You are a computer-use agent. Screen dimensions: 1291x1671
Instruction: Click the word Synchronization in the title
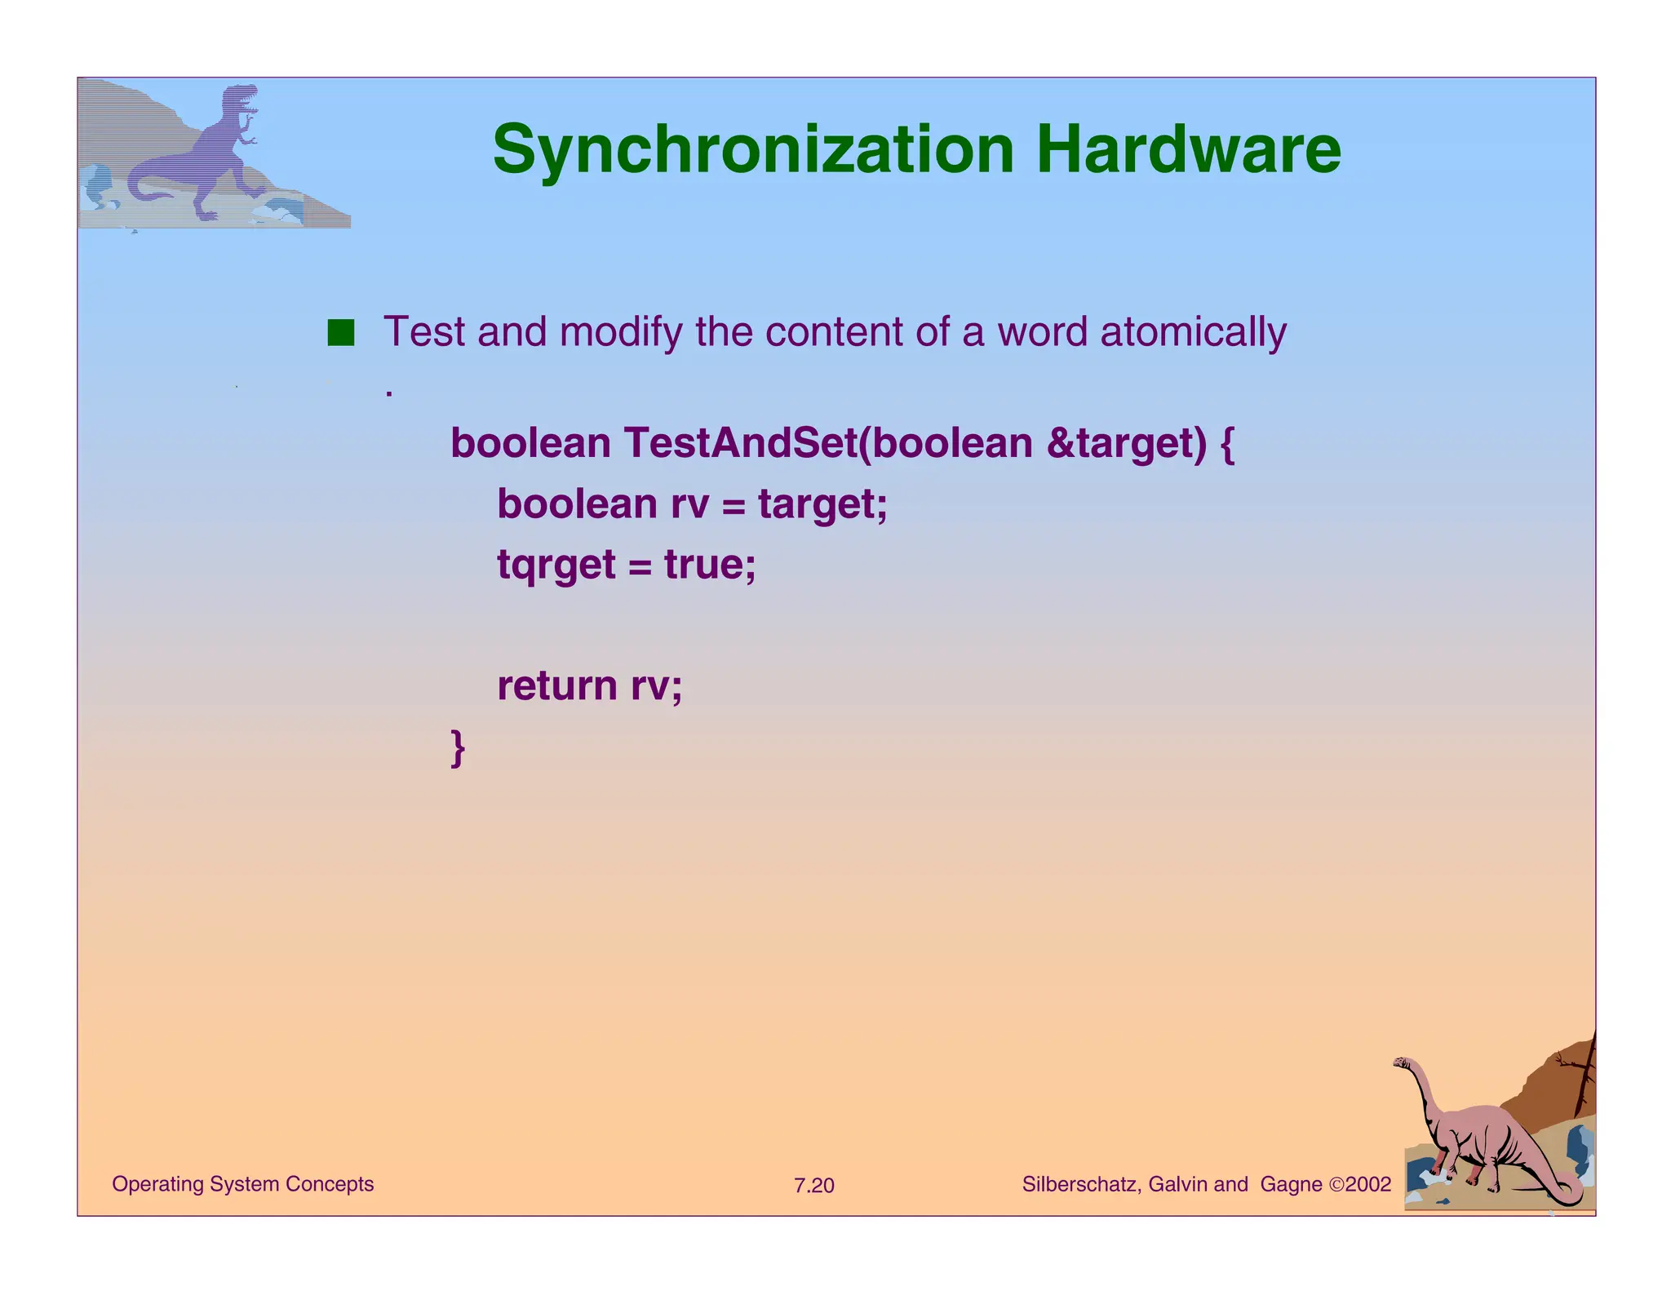click(753, 151)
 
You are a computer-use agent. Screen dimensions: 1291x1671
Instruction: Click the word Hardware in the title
click(1188, 151)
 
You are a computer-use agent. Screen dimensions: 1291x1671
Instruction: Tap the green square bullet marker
click(340, 333)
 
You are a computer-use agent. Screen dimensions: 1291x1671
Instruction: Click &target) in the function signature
click(1125, 443)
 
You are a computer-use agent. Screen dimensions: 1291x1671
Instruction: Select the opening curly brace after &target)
click(1227, 443)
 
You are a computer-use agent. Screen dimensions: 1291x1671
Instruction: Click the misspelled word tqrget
click(556, 565)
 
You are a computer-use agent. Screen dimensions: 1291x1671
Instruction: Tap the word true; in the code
click(710, 565)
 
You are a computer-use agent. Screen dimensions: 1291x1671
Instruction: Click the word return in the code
click(556, 685)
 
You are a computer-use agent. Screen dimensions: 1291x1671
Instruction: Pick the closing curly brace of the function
click(458, 747)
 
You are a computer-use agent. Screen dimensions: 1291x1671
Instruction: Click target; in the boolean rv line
click(822, 504)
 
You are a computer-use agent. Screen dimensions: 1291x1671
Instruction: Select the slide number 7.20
click(813, 1186)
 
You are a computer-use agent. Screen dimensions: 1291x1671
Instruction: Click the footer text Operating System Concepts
click(242, 1184)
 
